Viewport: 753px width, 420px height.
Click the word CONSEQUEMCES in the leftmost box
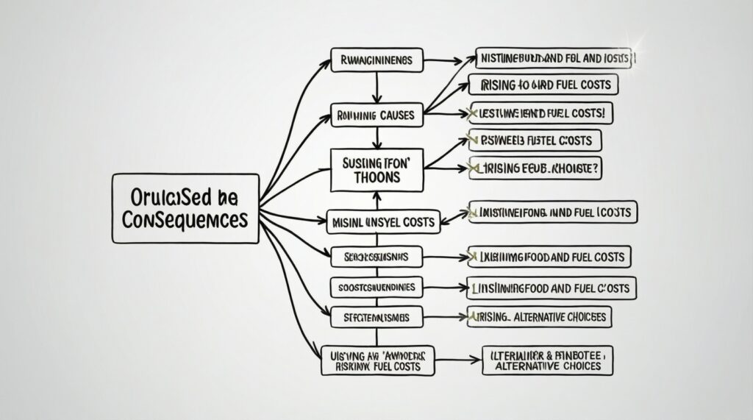click(x=185, y=218)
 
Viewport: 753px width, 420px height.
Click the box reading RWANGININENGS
click(x=376, y=60)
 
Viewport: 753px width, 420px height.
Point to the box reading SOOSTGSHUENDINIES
click(x=375, y=286)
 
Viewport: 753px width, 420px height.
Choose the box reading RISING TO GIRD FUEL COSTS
click(x=544, y=85)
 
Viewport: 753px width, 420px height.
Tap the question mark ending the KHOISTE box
click(x=596, y=168)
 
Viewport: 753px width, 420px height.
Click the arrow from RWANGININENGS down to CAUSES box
click(x=376, y=88)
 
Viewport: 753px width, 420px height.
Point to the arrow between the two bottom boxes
click(x=452, y=360)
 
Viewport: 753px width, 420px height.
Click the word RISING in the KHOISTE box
click(x=500, y=168)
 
